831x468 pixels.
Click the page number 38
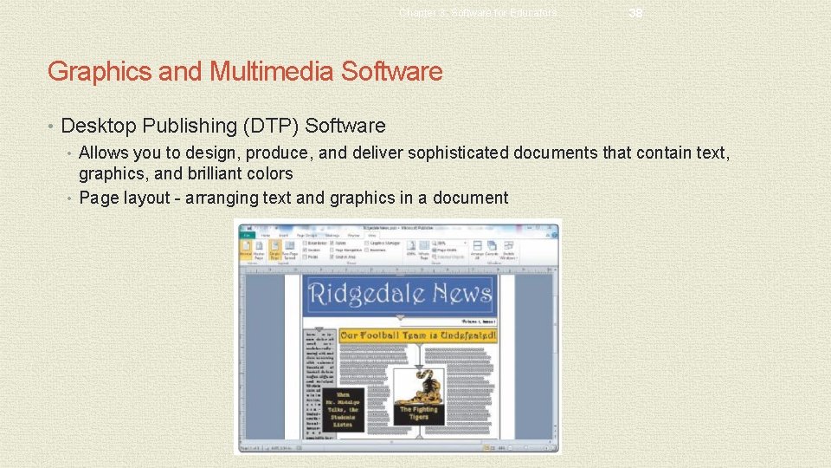(636, 13)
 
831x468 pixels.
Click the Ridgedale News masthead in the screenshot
(400, 295)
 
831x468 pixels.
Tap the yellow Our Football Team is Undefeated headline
(418, 335)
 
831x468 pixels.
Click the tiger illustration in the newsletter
(419, 382)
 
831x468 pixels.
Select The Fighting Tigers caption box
(419, 413)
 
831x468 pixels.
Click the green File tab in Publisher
(248, 234)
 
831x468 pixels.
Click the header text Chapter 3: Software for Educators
(478, 13)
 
